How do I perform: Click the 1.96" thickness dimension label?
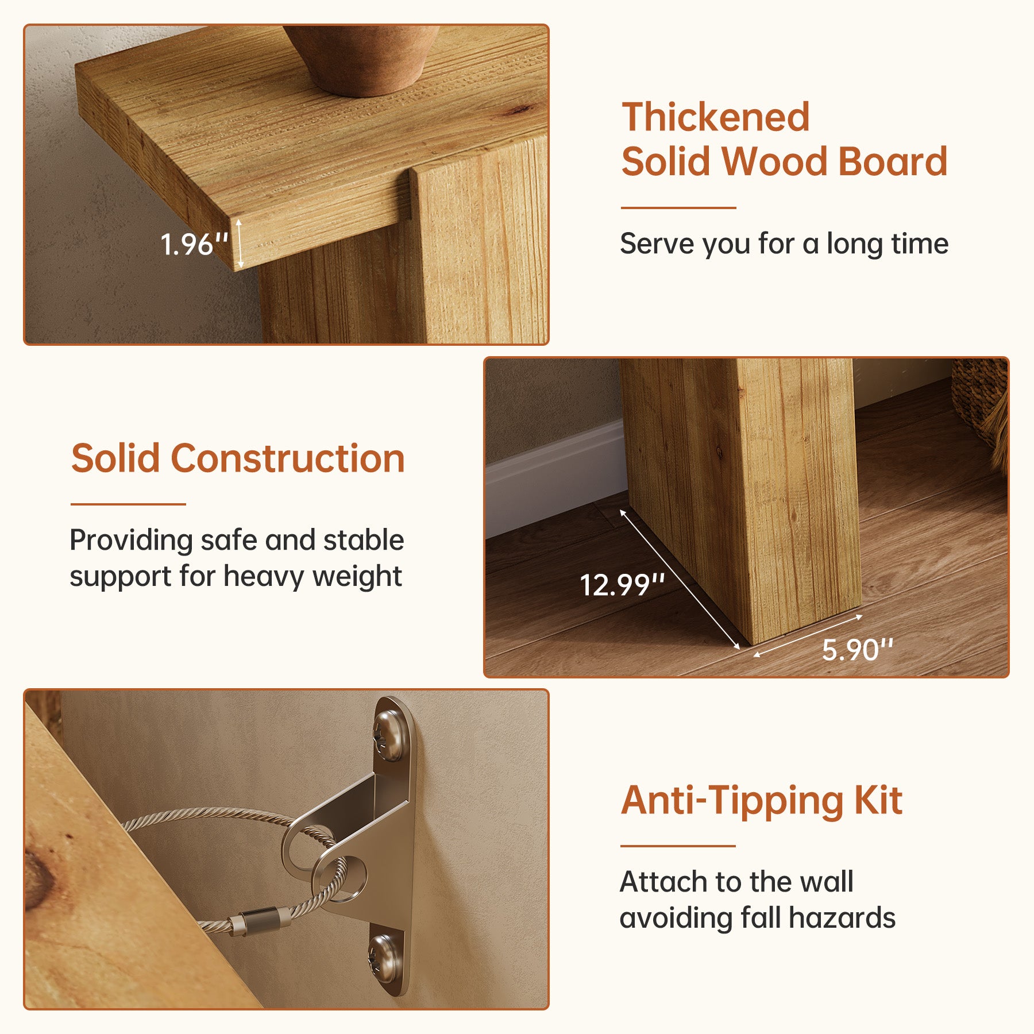point(194,244)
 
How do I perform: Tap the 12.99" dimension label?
point(622,585)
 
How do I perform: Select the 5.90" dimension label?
point(858,650)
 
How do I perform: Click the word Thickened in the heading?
point(716,117)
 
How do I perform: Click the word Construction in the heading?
point(288,458)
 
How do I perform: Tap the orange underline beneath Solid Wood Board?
point(678,207)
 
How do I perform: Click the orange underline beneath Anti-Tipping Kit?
point(678,846)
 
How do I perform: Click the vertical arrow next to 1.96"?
point(240,244)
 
